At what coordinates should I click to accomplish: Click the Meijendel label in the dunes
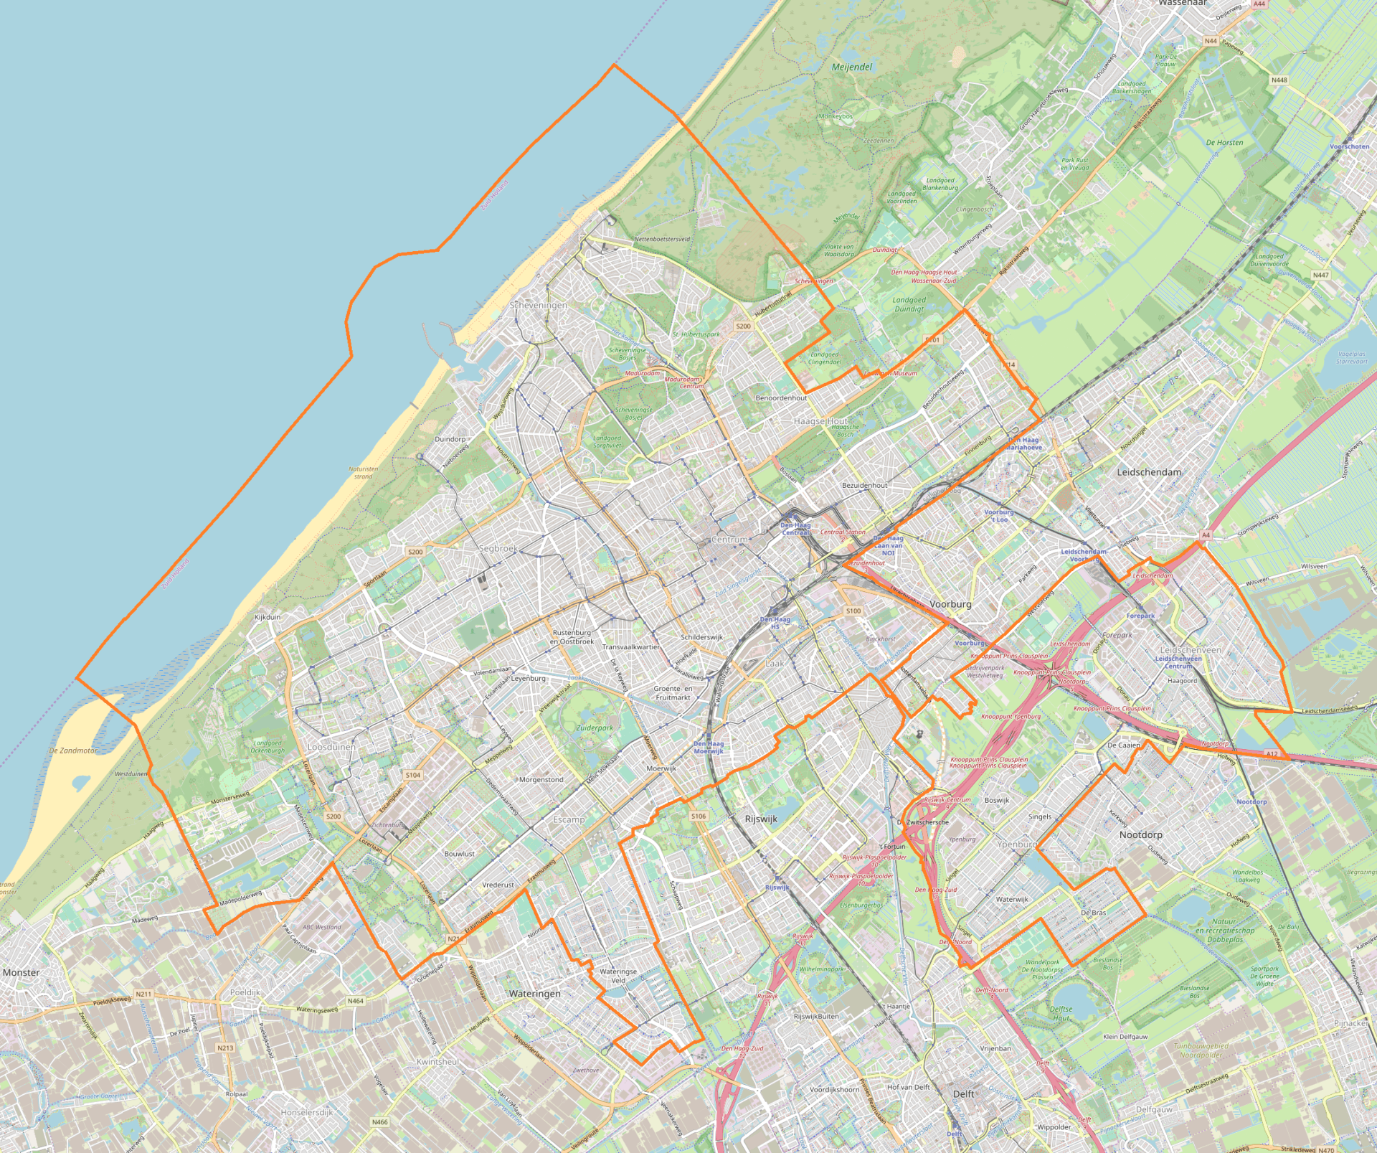point(852,67)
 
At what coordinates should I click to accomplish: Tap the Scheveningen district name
point(538,305)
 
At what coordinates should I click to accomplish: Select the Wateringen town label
point(534,994)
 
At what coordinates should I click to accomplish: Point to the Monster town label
point(22,972)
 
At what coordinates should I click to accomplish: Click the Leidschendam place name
point(1149,472)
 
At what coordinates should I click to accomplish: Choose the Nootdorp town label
point(1140,834)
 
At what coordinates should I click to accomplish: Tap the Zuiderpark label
point(595,728)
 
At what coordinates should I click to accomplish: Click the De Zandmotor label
point(73,750)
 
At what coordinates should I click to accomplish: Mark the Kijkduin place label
point(268,617)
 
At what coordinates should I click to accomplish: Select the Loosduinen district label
point(331,747)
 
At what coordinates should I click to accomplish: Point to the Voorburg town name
point(950,604)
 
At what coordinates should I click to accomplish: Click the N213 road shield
point(225,1048)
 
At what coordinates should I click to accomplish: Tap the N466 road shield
point(379,1122)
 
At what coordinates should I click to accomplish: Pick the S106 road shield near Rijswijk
point(699,816)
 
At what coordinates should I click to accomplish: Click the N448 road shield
point(1279,80)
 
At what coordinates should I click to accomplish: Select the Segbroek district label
point(498,548)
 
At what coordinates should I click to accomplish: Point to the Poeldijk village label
point(245,992)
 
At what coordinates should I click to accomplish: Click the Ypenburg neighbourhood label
point(1017,844)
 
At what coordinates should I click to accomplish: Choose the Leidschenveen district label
point(1191,650)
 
